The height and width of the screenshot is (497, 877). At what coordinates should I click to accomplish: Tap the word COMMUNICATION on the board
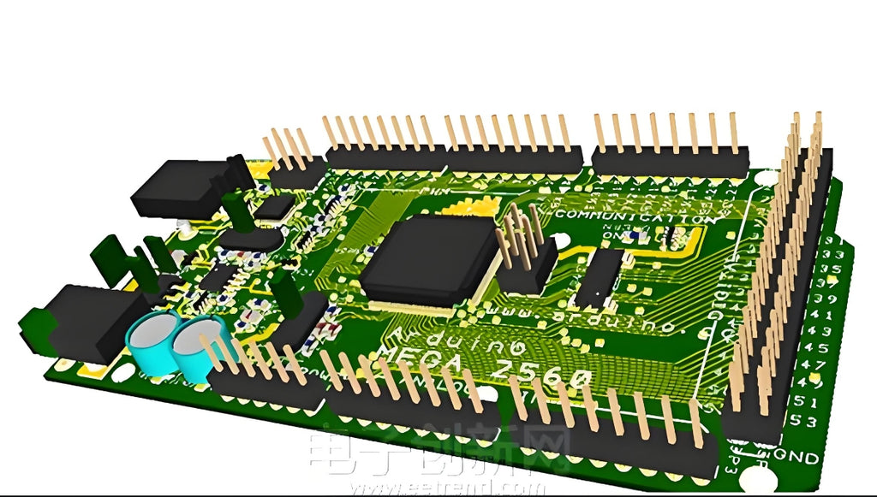[635, 217]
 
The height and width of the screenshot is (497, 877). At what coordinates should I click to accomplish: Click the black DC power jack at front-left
[81, 323]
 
